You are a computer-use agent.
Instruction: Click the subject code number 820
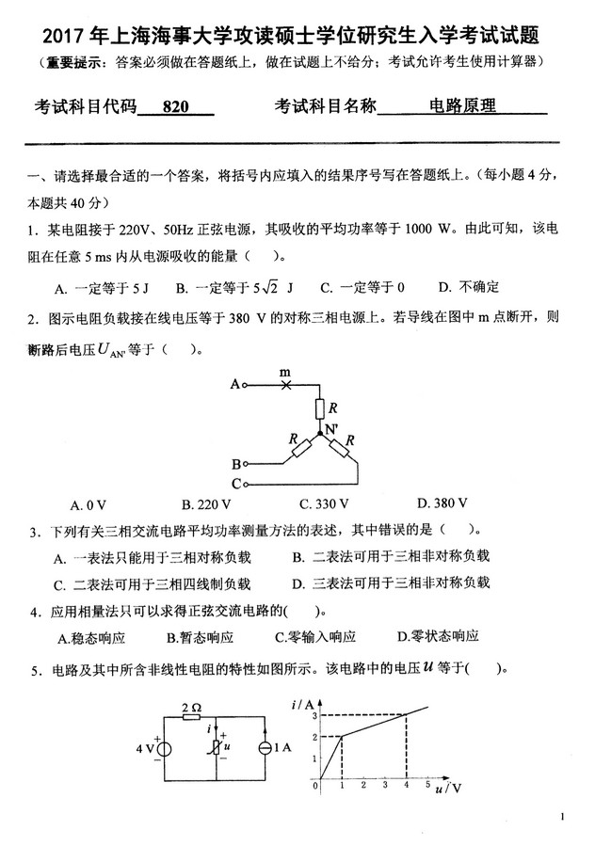(175, 108)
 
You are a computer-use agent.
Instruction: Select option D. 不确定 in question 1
(468, 287)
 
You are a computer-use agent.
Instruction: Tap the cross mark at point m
(287, 384)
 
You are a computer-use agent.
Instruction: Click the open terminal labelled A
(245, 384)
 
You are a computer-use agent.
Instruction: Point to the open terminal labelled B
(245, 464)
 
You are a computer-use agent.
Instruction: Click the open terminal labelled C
(245, 484)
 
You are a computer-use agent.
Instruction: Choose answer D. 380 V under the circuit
(435, 503)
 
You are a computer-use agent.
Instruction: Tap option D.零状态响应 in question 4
(439, 637)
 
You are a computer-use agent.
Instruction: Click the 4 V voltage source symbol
(163, 749)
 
